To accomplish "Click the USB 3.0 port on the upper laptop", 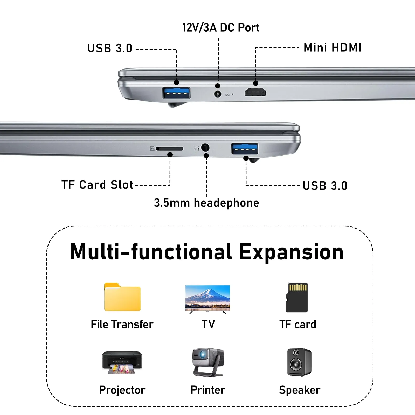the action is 176,93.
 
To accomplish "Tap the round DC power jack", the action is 218,94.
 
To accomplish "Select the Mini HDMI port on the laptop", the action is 255,92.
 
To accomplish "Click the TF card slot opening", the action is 170,149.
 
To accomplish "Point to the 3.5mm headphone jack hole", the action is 205,148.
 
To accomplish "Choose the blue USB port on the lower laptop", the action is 245,149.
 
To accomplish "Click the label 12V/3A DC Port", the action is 221,27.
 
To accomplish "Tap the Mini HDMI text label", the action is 333,47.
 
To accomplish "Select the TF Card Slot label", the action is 97,185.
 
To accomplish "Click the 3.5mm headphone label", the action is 206,203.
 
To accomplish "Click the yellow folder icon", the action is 122,297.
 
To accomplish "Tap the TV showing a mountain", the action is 208,299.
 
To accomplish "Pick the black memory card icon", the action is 297,298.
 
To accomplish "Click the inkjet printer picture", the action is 122,362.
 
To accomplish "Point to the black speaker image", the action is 299,362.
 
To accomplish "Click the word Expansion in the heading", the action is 291,252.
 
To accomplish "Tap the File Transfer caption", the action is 122,324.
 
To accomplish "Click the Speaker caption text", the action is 300,390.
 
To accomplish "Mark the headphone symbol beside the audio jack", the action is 197,148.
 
